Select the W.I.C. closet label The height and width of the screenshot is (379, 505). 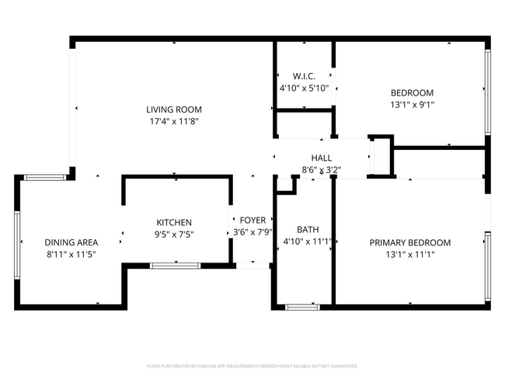pyautogui.click(x=304, y=76)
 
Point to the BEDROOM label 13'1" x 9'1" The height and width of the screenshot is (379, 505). pyautogui.click(x=411, y=92)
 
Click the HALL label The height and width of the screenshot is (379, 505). pyautogui.click(x=321, y=158)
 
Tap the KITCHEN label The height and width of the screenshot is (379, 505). pyautogui.click(x=174, y=222)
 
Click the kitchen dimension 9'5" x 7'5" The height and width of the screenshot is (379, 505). pyautogui.click(x=174, y=234)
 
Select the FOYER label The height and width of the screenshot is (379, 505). pyautogui.click(x=252, y=221)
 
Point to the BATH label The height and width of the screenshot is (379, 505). pyautogui.click(x=307, y=230)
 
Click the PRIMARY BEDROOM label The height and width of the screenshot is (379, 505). pyautogui.click(x=409, y=242)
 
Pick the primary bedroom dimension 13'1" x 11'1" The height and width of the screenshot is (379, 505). pyautogui.click(x=409, y=254)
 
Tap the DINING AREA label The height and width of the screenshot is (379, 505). pyautogui.click(x=71, y=242)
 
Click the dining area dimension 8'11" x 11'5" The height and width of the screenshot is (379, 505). pyautogui.click(x=71, y=254)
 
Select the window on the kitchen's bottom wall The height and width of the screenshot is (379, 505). pyautogui.click(x=174, y=266)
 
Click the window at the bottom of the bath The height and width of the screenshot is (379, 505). pyautogui.click(x=302, y=307)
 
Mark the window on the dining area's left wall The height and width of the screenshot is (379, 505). pyautogui.click(x=16, y=242)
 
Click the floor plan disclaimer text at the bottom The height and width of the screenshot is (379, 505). pyautogui.click(x=252, y=365)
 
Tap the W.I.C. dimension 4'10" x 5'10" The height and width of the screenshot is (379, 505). pyautogui.click(x=304, y=88)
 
